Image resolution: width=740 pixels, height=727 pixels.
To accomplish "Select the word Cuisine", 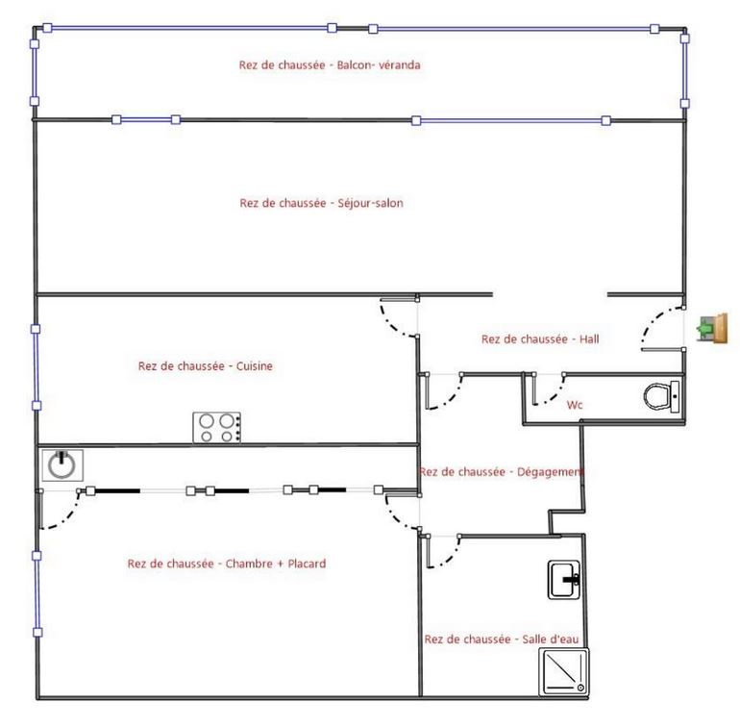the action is click(255, 366).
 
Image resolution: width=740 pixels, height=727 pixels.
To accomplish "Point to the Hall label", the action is click(589, 338).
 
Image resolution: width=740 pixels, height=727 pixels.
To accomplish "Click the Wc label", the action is click(575, 405).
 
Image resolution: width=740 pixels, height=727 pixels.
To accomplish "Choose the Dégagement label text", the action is click(551, 472).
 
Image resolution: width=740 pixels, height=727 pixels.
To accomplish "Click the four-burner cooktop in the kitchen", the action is click(216, 428).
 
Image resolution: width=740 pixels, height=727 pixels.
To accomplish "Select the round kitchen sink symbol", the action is click(62, 465).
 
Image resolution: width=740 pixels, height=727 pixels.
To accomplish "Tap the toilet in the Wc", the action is click(661, 396).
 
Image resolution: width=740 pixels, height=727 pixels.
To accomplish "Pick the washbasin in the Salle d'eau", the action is click(563, 580).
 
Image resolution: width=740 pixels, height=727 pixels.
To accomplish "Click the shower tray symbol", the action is click(564, 672).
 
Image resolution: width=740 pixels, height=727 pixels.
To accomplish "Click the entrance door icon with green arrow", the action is click(713, 328).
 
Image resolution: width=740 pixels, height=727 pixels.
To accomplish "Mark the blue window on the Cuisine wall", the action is click(36, 367).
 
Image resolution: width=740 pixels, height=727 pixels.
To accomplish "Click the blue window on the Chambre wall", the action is click(37, 593).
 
